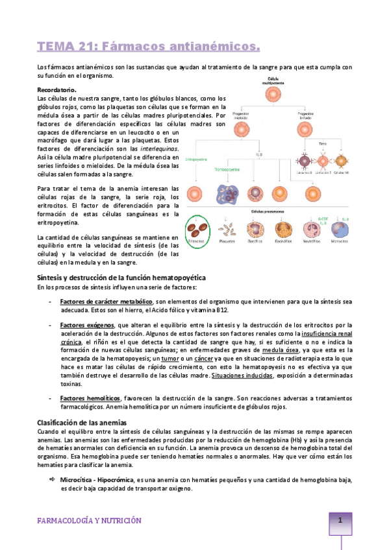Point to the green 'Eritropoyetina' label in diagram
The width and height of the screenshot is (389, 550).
[196, 158]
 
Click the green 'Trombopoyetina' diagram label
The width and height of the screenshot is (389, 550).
[227, 169]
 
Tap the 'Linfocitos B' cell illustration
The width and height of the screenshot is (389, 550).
[303, 160]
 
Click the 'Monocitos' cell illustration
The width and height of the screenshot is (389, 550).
[337, 230]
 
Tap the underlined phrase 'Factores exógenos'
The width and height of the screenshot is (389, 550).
[85, 325]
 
